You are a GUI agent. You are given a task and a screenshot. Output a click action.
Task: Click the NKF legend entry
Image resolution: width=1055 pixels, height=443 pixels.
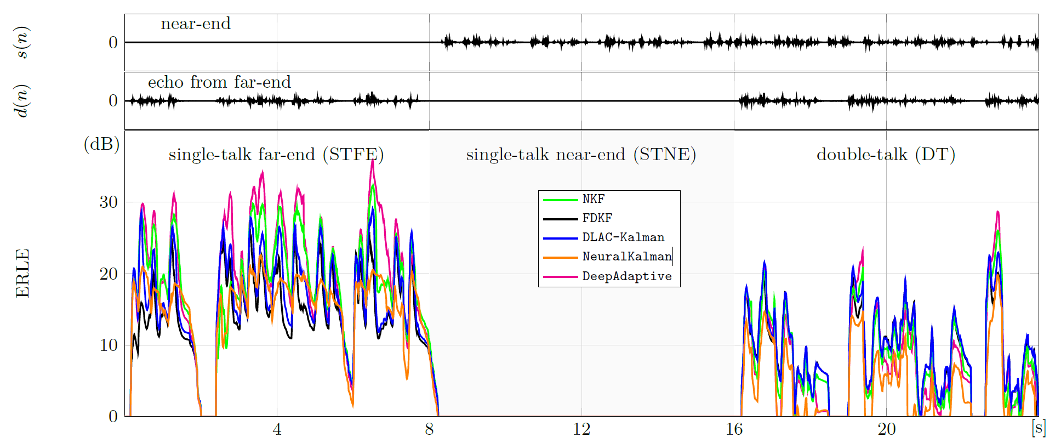click(x=594, y=199)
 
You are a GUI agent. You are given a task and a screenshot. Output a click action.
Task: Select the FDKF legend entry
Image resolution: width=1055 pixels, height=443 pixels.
click(x=597, y=218)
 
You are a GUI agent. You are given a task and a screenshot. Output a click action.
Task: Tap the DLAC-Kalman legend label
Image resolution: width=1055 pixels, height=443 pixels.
click(x=623, y=237)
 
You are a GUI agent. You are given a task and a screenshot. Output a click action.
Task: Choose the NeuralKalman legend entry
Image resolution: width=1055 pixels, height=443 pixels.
click(x=627, y=257)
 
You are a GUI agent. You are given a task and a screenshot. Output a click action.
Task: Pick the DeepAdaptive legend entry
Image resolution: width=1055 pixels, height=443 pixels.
click(x=627, y=276)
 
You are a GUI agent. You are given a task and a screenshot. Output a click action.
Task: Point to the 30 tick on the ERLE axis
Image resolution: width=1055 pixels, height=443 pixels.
click(x=109, y=202)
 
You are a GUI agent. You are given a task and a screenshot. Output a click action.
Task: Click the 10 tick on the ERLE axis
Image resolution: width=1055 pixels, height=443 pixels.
click(x=109, y=345)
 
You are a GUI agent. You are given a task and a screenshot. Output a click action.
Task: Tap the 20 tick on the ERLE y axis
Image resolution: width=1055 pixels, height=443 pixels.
click(x=109, y=274)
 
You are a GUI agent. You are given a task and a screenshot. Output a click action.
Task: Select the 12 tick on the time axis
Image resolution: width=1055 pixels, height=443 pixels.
click(x=581, y=429)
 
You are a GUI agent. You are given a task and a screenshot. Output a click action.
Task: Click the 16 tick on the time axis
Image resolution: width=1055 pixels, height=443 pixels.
click(x=734, y=429)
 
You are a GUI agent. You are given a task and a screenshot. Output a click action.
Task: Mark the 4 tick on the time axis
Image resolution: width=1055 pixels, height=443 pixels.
click(x=277, y=429)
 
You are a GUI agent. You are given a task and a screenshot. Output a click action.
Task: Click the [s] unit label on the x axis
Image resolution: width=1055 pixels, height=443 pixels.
click(x=1039, y=428)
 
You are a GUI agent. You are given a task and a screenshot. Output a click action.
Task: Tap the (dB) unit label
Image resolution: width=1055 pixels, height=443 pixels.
click(x=101, y=144)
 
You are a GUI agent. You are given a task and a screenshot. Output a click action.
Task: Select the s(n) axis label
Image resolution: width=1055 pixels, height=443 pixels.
click(x=22, y=42)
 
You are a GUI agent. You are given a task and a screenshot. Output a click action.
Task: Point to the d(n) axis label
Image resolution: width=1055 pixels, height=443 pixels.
click(x=22, y=101)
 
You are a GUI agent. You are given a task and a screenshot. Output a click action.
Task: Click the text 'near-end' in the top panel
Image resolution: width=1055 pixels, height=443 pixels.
click(x=196, y=24)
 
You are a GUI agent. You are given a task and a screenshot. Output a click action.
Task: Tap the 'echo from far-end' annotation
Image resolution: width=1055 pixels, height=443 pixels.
click(x=219, y=82)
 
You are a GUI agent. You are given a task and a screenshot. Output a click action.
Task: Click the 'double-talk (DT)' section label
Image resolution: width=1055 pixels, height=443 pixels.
click(x=886, y=155)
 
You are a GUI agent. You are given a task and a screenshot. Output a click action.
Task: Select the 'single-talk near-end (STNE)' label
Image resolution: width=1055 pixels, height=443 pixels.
click(x=581, y=155)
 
